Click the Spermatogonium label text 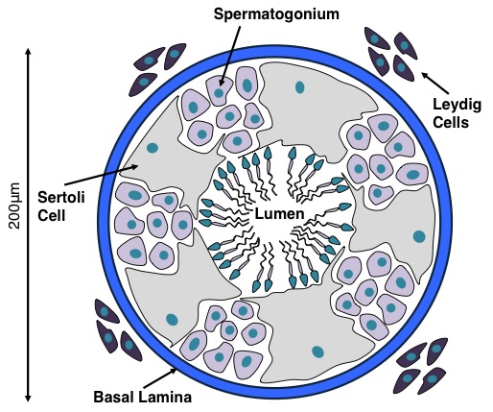tap(276, 14)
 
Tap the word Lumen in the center tap(279, 214)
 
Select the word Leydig tap(457, 106)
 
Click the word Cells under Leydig tap(451, 122)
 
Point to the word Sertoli tap(61, 197)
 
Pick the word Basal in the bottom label tap(113, 398)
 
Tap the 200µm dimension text tap(14, 206)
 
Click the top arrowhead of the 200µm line tap(28, 51)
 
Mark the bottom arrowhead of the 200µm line tap(28, 399)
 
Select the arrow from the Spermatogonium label tap(230, 56)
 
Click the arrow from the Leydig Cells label tap(435, 82)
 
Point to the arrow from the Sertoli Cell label tap(102, 175)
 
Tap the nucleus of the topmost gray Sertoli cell tap(299, 87)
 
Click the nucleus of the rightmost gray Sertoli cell tap(419, 236)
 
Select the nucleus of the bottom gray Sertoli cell tap(317, 351)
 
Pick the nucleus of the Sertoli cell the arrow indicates tap(153, 148)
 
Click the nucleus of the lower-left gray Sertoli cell tap(172, 319)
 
